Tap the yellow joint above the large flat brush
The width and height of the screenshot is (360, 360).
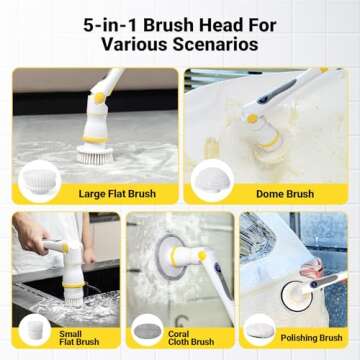[x=97, y=100]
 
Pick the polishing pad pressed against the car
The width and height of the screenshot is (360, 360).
[x=297, y=291]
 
